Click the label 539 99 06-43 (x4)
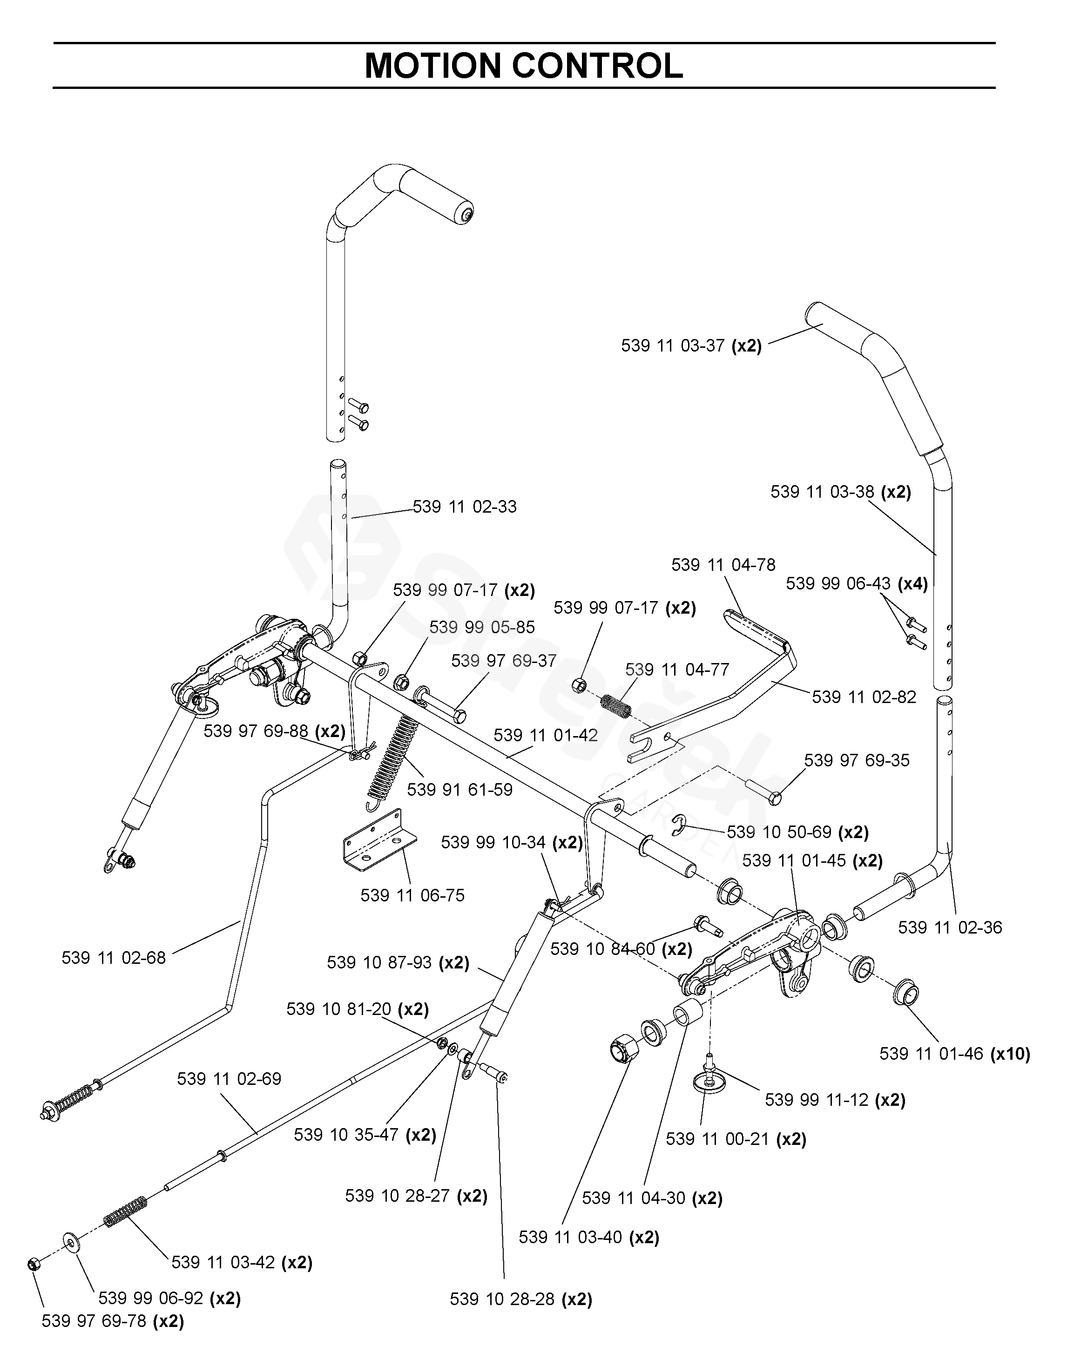[857, 584]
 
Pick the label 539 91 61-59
[459, 790]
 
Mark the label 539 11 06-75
[412, 895]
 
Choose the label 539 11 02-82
[864, 697]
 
